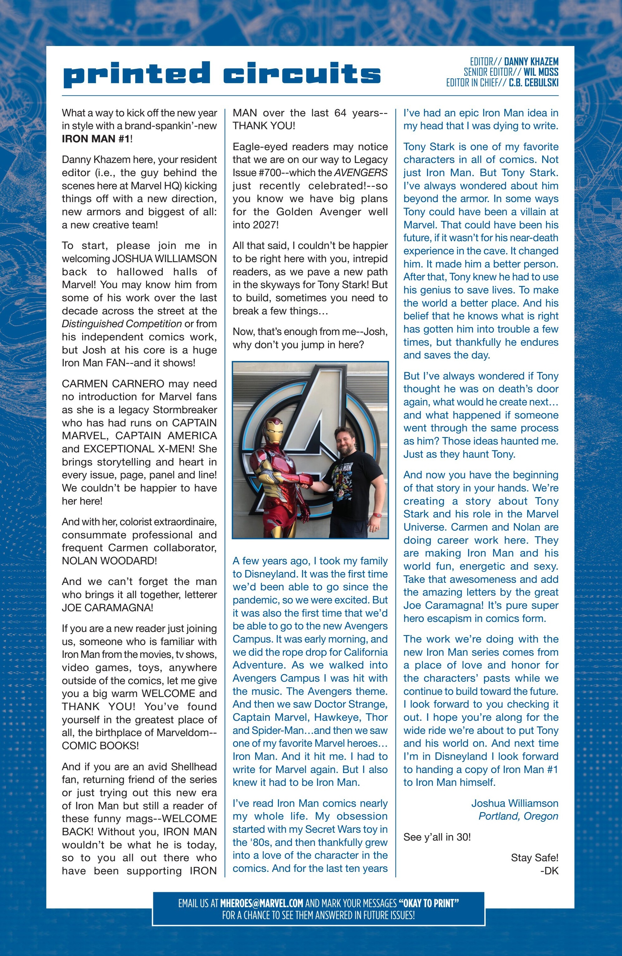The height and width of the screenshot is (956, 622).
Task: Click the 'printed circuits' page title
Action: point(222,74)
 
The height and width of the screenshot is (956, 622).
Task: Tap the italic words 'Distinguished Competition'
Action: point(122,324)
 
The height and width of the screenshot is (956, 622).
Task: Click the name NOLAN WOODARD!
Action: point(109,561)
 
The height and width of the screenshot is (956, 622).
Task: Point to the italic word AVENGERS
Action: point(361,173)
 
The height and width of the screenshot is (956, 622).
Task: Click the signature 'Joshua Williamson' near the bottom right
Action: point(514,803)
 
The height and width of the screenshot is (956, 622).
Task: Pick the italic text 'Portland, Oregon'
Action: point(518,816)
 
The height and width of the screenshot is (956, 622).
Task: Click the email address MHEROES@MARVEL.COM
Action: point(261,903)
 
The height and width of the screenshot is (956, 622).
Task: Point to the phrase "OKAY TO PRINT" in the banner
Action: point(428,903)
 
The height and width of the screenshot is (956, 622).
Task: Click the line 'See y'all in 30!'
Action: point(437,837)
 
